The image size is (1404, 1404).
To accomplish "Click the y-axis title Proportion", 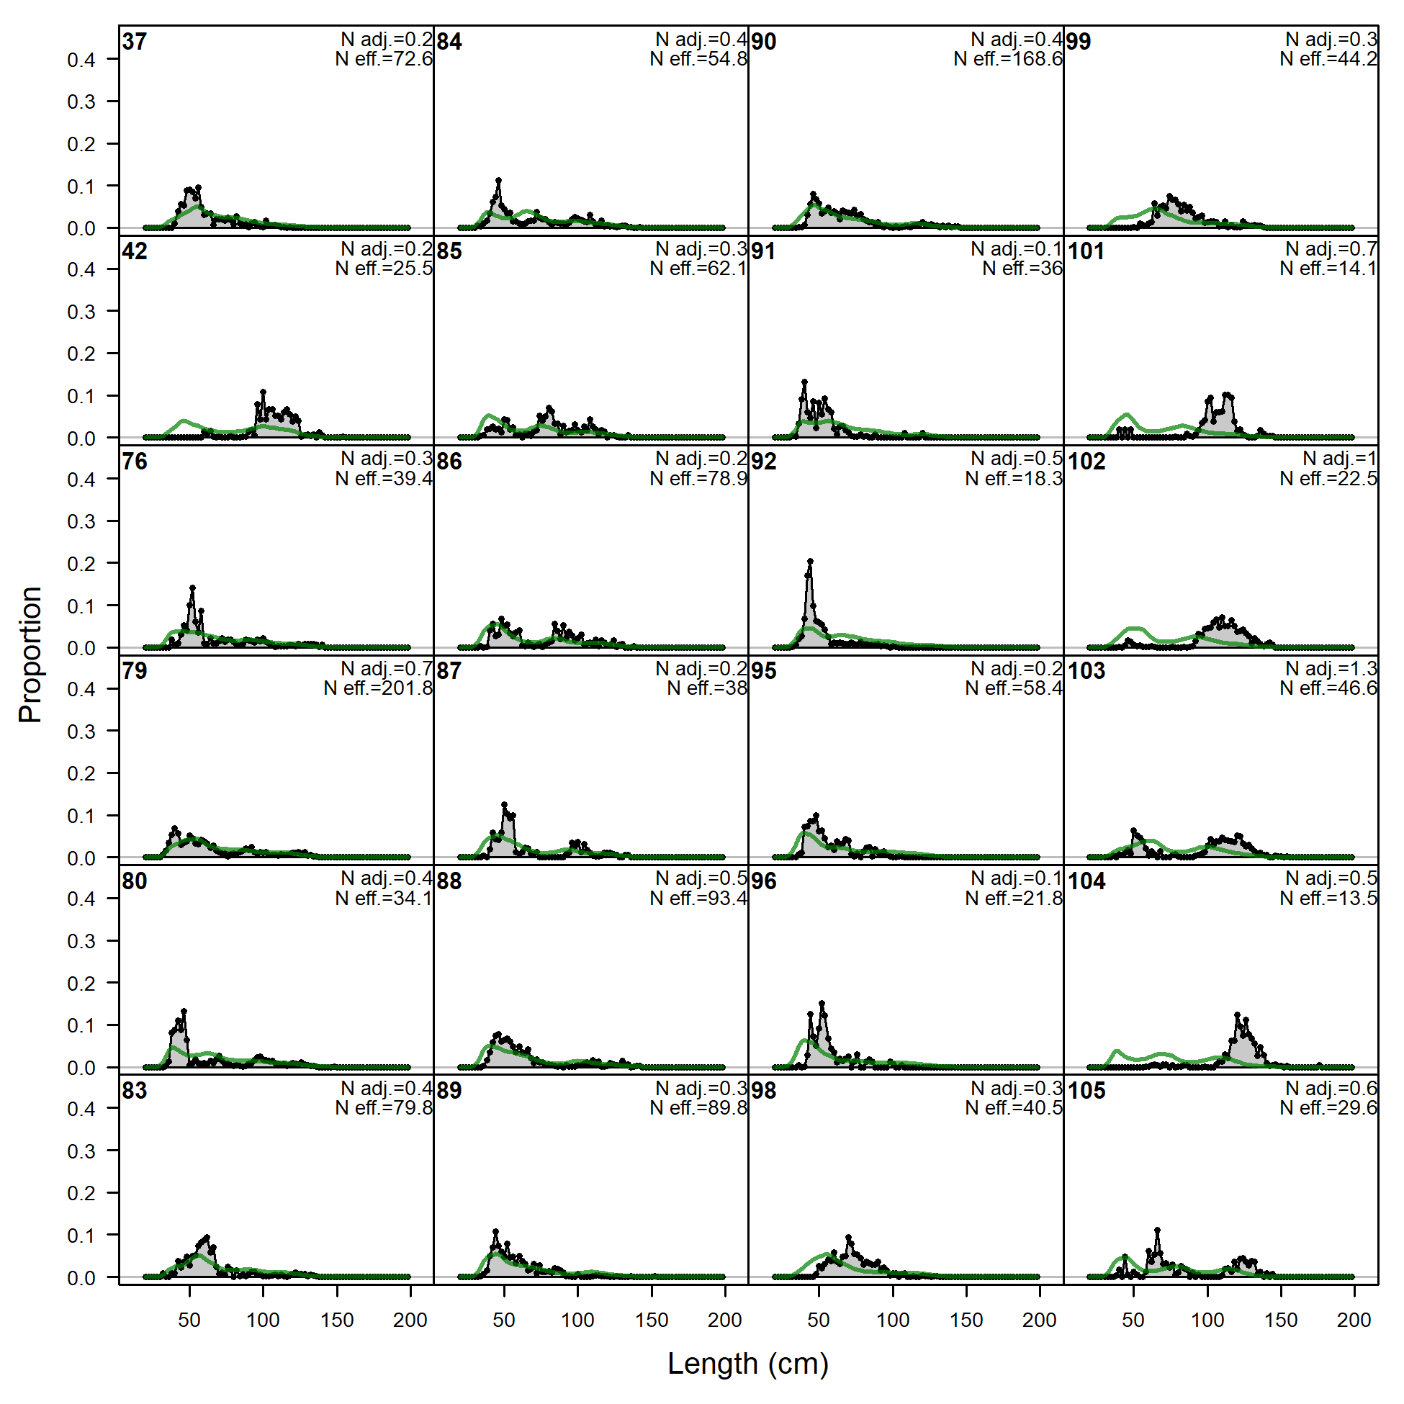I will point(30,654).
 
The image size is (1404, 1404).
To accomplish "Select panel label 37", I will point(135,42).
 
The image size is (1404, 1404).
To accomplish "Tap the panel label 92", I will point(764,462).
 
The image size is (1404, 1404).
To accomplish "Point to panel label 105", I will point(1086,1091).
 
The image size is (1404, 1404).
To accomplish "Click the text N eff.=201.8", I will point(378,688).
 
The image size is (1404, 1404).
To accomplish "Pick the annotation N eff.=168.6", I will point(1008,59).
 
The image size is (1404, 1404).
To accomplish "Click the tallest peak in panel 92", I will point(810,561).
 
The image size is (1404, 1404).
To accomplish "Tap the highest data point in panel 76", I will point(192,588).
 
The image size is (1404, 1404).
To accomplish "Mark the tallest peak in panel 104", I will point(1238,1014).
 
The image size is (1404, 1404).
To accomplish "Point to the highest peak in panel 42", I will point(263,392).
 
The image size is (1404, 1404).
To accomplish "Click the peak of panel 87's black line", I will point(504,804).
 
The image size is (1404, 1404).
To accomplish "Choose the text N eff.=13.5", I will point(1328,899).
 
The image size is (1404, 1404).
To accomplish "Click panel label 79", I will point(135,671).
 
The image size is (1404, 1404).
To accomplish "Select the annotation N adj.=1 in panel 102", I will point(1339,459).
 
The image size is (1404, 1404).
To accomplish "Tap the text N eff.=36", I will point(1022,269).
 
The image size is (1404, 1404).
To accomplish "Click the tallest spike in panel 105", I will point(1157,1230).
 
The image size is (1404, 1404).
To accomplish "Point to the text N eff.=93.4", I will point(698,899).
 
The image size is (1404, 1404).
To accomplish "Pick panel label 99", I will point(1079,42).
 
